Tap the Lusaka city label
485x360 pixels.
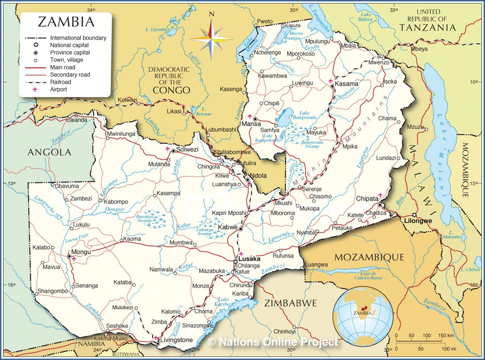pos(249,259)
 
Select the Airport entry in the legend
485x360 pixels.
pos(59,89)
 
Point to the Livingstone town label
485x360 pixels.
pos(176,340)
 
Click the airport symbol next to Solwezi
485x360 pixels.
pos(167,149)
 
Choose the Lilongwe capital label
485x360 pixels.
pos(418,221)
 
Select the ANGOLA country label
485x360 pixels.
pos(49,152)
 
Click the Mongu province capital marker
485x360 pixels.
pos(69,256)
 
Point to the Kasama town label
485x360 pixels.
pos(347,84)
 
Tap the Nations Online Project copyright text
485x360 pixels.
pos(273,342)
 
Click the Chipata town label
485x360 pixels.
pos(367,199)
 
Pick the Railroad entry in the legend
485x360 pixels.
pos(60,82)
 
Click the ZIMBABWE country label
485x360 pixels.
pos(291,303)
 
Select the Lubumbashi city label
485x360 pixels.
pos(221,130)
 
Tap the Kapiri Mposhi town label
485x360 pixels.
pos(229,213)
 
